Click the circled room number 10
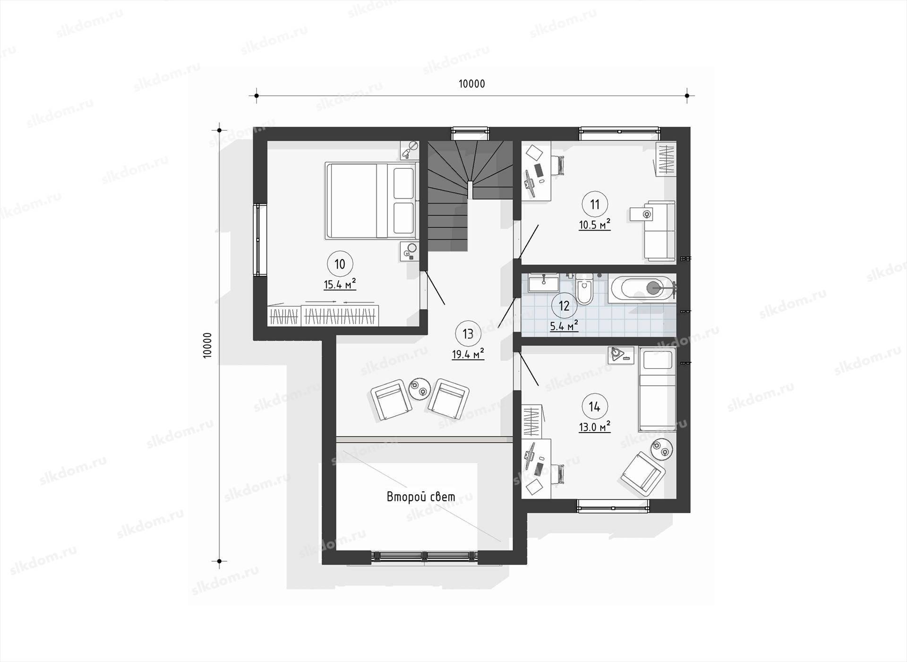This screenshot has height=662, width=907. click(x=340, y=264)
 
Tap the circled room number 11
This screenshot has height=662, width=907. click(x=595, y=204)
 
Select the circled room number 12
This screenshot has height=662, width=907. click(x=564, y=305)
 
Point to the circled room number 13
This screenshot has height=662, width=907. click(x=468, y=334)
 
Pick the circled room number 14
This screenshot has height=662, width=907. click(x=594, y=406)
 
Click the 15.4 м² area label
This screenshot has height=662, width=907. click(x=340, y=284)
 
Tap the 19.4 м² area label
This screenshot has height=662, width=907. click(x=468, y=354)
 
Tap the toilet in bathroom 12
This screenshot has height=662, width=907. click(x=584, y=288)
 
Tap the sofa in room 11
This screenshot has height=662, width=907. click(x=659, y=231)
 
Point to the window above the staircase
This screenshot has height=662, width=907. click(x=470, y=133)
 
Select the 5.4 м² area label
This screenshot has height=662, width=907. click(x=564, y=326)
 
